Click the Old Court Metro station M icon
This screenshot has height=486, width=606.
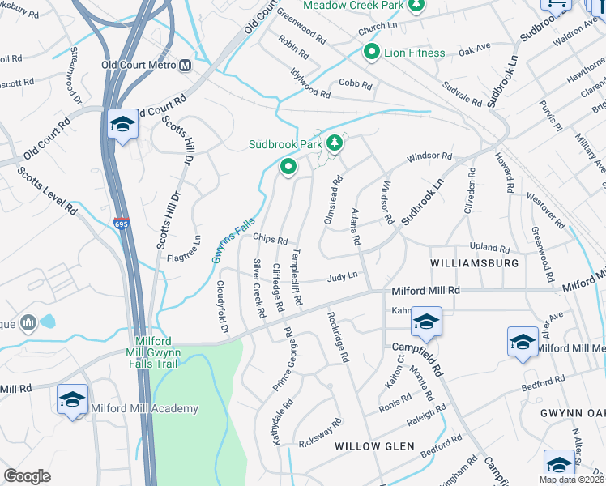coord(186,65)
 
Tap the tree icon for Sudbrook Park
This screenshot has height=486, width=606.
coord(334,144)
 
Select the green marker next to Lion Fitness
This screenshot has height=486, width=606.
coord(372,53)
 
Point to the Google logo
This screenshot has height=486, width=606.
coord(27,475)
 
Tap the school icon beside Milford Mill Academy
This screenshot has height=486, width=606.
coord(72,400)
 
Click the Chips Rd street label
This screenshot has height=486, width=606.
coord(270,240)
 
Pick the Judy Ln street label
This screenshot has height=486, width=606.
coord(342,278)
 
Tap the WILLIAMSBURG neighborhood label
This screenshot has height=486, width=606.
coord(474,264)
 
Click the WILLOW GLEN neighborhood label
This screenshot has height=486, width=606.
coord(374,446)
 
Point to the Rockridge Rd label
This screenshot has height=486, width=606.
coord(337,336)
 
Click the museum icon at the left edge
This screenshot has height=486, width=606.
coord(28,322)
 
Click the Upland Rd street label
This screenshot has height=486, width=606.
coord(489,248)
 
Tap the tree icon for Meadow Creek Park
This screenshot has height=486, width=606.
coord(416,6)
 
